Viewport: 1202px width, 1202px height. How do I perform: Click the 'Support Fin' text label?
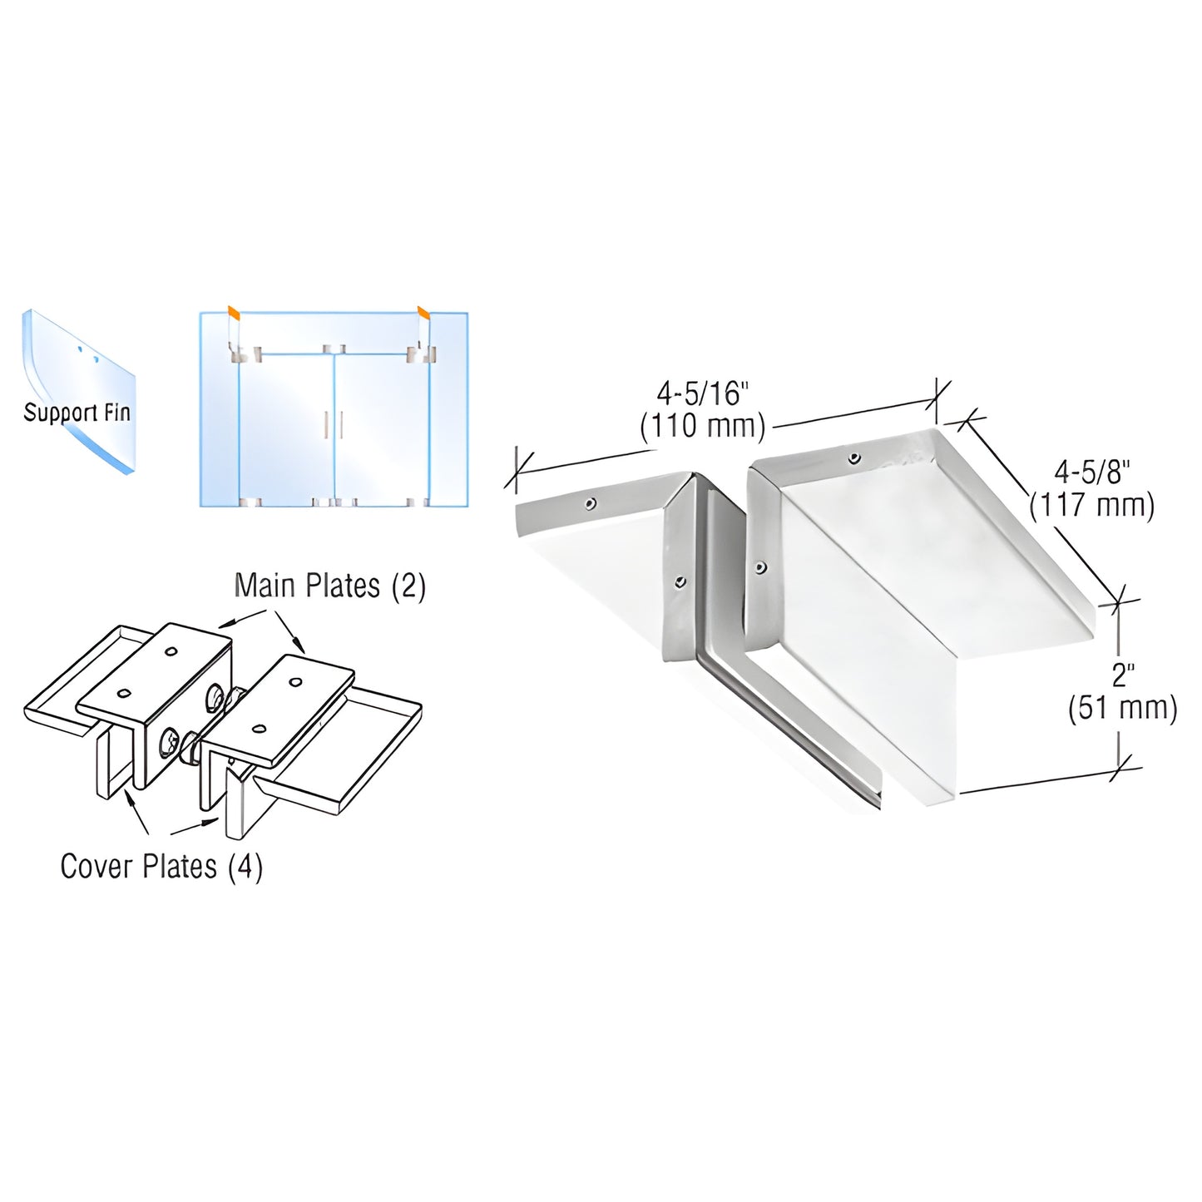tap(77, 412)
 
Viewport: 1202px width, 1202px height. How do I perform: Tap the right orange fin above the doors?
tap(424, 314)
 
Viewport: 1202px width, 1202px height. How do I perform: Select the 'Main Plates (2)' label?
tap(329, 586)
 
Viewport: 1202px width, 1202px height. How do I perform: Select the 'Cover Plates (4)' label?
tap(161, 867)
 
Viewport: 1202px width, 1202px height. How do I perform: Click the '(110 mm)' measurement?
tap(702, 426)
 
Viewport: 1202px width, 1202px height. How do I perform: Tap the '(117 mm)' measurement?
tap(1092, 505)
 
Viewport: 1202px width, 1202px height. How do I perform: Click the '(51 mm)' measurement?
tap(1122, 709)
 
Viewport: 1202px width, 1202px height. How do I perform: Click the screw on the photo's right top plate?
tap(854, 458)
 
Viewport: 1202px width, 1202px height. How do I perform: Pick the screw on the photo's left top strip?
tap(590, 502)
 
